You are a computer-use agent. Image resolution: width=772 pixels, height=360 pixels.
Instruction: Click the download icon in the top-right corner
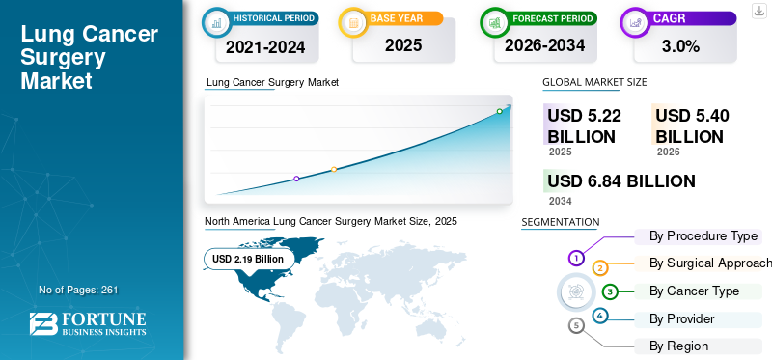(758, 10)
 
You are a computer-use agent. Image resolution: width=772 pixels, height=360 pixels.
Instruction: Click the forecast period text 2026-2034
(545, 44)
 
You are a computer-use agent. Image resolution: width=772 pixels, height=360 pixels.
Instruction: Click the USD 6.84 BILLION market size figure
(620, 181)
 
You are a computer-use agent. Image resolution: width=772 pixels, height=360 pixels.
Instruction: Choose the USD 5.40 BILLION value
(692, 125)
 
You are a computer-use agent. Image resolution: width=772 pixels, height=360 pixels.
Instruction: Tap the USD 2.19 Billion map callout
(248, 259)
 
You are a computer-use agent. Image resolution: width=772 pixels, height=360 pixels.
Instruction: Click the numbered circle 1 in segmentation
(576, 258)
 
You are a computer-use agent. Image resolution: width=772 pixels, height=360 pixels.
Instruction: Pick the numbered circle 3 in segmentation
(610, 291)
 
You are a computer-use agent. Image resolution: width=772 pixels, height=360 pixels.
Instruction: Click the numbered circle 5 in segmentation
(577, 325)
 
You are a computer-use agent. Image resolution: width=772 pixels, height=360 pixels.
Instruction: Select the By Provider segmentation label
(681, 318)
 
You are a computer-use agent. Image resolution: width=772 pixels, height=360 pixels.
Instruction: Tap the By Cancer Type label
(694, 291)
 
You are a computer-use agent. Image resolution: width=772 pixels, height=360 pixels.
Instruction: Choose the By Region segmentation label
(678, 346)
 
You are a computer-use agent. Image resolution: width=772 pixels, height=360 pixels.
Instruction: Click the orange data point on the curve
(334, 170)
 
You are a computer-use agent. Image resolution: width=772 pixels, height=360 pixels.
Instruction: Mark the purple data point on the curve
(296, 179)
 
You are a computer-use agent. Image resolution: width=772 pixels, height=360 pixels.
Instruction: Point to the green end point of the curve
(500, 111)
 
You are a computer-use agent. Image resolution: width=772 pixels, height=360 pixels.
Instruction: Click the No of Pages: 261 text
(78, 290)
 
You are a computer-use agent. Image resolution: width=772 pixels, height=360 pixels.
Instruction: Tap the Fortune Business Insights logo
(88, 324)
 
